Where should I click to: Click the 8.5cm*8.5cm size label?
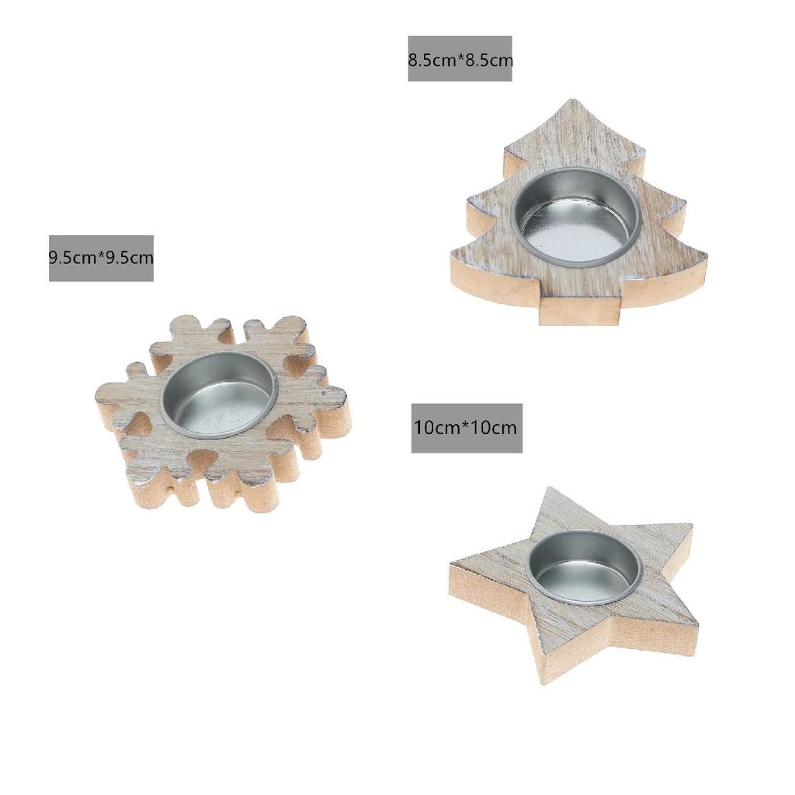pyautogui.click(x=460, y=60)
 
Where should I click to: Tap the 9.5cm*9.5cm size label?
pyautogui.click(x=101, y=258)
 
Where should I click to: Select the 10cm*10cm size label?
pyautogui.click(x=467, y=428)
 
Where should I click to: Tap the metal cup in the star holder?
pyautogui.click(x=584, y=568)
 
